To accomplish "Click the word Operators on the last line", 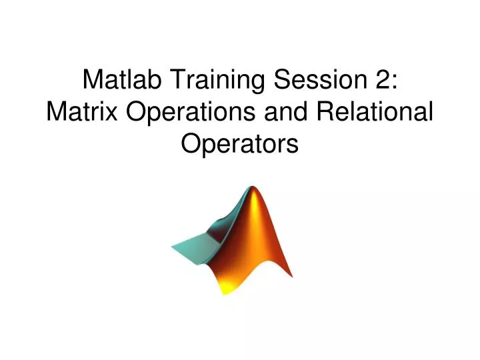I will point(240,143).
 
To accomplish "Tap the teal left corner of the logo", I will point(175,246).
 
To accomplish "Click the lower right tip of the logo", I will point(291,274).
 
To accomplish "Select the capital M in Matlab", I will point(93,80).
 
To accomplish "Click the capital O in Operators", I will point(192,143).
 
